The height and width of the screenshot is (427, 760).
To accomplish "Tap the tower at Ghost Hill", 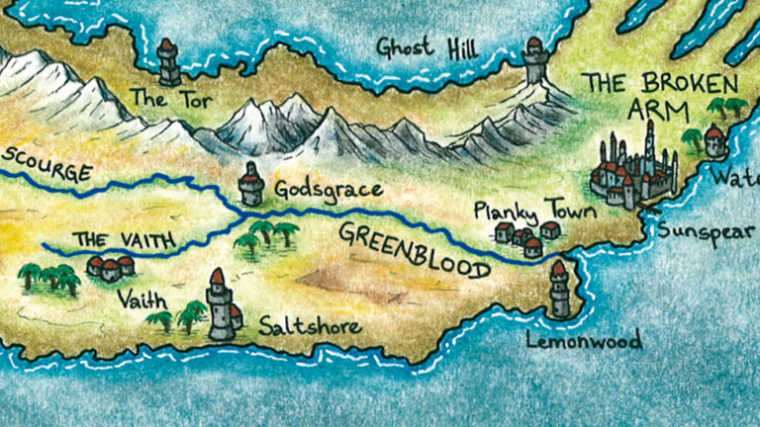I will [535, 61].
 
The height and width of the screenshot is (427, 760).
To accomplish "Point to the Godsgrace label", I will [314, 189].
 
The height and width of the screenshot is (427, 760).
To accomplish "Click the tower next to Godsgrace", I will [251, 184].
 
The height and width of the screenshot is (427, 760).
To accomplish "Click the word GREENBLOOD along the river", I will [414, 250].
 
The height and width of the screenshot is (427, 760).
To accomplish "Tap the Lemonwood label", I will [585, 341].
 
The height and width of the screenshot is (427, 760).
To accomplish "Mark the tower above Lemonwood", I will [560, 289].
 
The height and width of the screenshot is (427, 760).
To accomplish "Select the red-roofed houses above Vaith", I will [110, 267].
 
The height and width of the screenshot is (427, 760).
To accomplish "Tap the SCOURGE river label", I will [47, 165].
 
